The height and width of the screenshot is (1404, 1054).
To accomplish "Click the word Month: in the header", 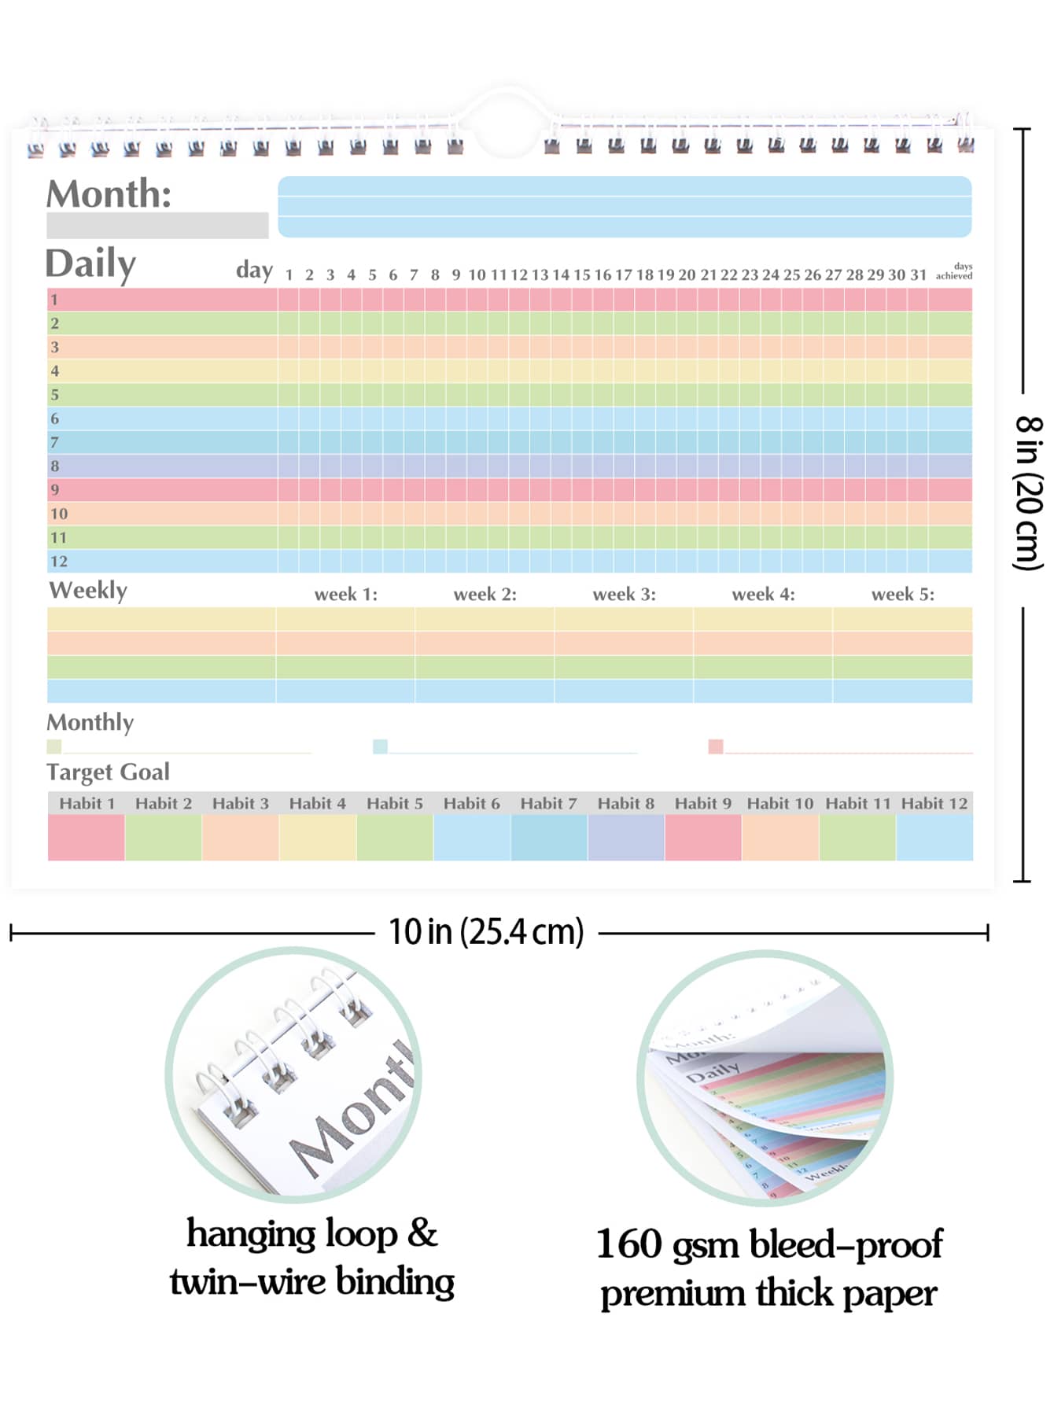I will pos(109,193).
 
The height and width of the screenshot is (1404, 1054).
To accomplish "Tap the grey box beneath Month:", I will pos(157,225).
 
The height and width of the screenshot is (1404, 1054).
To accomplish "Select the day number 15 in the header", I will pos(581,275).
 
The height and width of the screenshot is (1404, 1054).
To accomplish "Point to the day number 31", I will pos(918,275).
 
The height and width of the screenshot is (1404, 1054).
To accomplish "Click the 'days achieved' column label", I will pos(954,271).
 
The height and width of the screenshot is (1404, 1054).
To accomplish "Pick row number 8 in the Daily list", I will pos(55,466).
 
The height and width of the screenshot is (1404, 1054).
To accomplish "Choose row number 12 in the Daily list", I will pos(59,561).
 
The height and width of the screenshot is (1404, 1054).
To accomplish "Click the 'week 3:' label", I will pos(624,594).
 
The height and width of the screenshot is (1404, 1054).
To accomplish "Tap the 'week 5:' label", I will pos(902,594).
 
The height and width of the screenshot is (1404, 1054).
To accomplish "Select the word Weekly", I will pos(88,590).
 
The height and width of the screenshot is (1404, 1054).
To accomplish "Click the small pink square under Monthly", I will pos(715,746).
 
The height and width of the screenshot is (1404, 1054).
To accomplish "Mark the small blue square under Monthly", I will pos(380,746).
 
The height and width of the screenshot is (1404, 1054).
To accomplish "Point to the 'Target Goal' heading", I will pos(108,772).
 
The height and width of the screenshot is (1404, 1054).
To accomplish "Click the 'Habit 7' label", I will pos(548,803).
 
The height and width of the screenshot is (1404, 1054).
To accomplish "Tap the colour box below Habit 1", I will pos(86,837).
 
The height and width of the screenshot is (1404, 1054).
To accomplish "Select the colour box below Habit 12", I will pos(934,837).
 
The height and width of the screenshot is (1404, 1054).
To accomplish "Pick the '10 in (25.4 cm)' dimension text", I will pos(486,932).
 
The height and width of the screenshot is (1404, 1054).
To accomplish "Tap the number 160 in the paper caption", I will pos(629,1244).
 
